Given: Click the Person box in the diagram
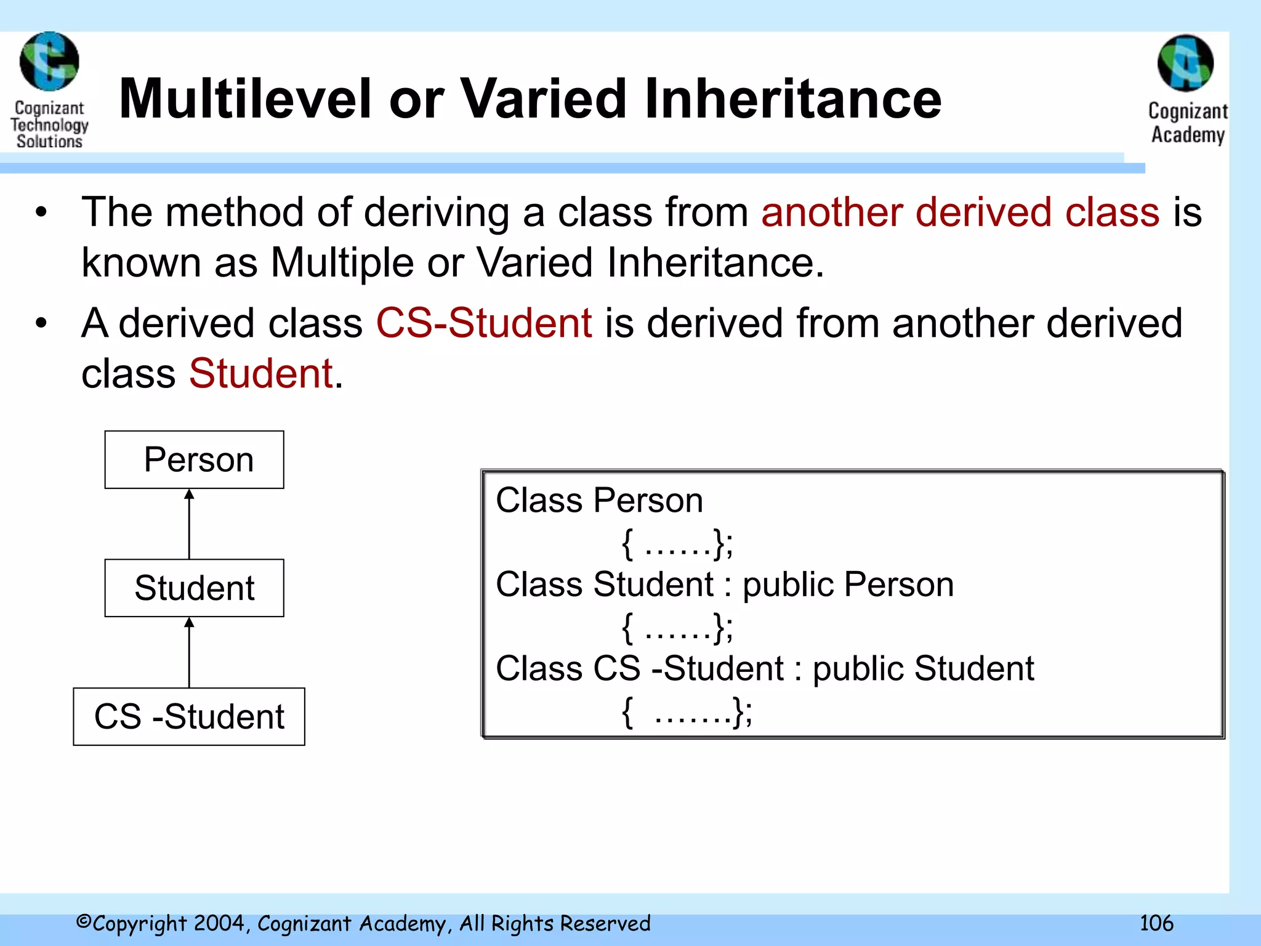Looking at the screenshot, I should click(x=194, y=459).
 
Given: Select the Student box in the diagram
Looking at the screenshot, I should click(x=194, y=588).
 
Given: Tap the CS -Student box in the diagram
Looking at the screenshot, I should click(x=189, y=716).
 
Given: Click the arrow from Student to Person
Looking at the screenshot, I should click(x=189, y=524).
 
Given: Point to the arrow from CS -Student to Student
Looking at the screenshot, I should click(x=189, y=652).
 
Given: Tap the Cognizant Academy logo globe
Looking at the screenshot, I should click(x=1185, y=63).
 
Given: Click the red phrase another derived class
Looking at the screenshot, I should click(x=960, y=212).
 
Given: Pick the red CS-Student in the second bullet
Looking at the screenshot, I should click(x=484, y=323).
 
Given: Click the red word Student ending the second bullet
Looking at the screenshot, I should click(x=261, y=373).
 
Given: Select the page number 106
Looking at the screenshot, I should click(x=1156, y=923).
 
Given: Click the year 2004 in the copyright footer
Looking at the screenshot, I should click(x=220, y=923).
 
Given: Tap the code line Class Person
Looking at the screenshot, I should click(x=599, y=500).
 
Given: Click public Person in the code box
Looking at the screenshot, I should click(x=848, y=584).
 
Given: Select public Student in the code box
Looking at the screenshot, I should click(x=923, y=669).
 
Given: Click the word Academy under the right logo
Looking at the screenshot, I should click(x=1188, y=135).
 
